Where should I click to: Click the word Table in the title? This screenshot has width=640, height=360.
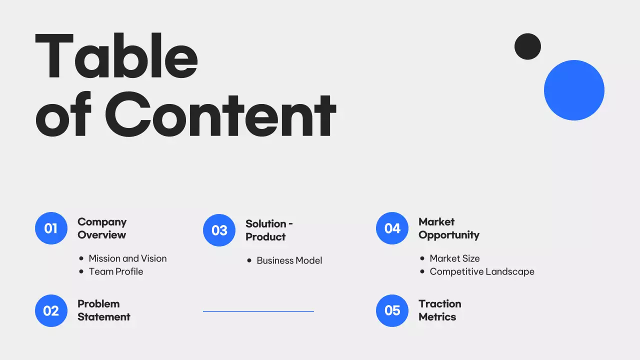click(x=116, y=56)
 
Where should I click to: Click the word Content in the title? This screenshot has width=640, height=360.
click(x=220, y=114)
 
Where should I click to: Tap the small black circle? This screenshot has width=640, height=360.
click(x=527, y=46)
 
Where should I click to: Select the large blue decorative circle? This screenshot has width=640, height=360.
click(x=574, y=90)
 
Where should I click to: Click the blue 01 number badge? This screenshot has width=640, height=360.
click(x=51, y=228)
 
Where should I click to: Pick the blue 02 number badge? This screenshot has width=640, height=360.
click(x=51, y=310)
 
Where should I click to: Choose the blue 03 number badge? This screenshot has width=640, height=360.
click(x=219, y=230)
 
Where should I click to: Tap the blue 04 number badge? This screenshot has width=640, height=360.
click(x=392, y=228)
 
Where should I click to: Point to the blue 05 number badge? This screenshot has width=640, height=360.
click(x=392, y=310)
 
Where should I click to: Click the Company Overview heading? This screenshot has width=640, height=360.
click(x=102, y=228)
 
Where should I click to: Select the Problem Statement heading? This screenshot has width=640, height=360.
click(x=103, y=310)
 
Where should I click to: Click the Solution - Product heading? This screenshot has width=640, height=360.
click(x=269, y=230)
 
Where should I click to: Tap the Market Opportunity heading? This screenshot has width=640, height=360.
click(x=448, y=228)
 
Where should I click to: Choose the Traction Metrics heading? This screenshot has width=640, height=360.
click(x=439, y=310)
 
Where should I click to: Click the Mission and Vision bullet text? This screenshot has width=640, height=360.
click(x=127, y=258)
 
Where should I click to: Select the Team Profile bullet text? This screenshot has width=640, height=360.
click(x=116, y=271)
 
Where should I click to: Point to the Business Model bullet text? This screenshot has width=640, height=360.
click(x=289, y=260)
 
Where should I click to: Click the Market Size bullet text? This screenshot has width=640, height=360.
click(x=454, y=258)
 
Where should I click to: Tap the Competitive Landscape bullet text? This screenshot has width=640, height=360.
click(x=482, y=271)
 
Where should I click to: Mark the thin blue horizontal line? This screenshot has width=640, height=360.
click(x=258, y=311)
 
